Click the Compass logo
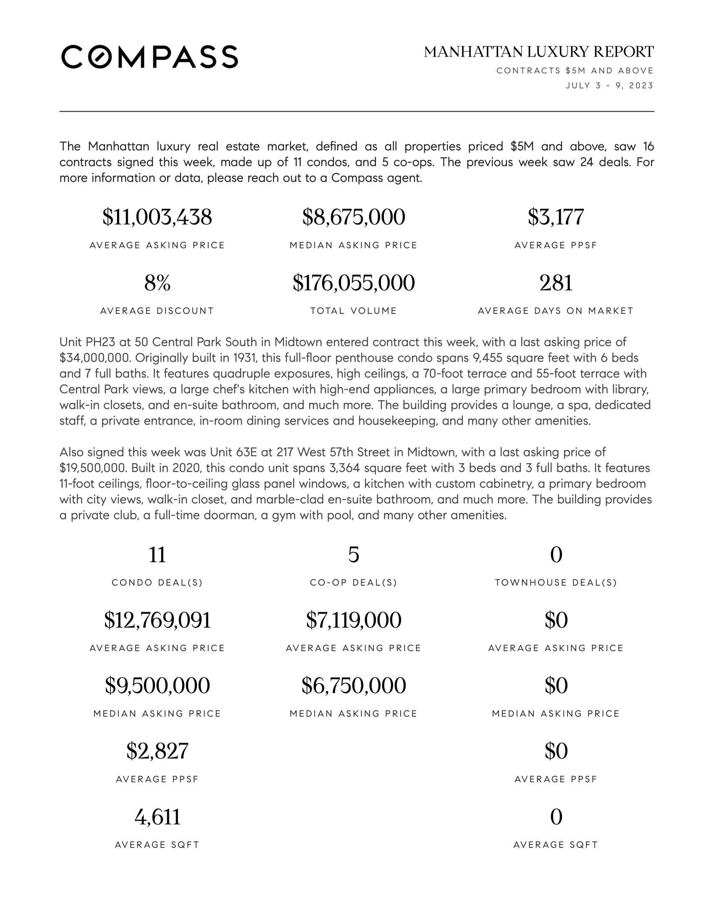point(150,57)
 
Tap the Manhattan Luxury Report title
point(538,52)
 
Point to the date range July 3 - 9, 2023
point(609,86)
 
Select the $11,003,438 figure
point(157,217)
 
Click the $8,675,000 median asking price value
point(354,217)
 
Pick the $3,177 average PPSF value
point(556,217)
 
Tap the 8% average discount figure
point(157,283)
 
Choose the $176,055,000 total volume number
point(354,283)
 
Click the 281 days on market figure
point(556,283)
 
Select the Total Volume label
point(354,311)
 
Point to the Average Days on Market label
point(556,311)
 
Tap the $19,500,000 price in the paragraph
point(94,468)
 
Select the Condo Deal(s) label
point(157,583)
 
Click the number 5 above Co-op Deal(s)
point(354,555)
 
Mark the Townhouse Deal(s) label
point(556,583)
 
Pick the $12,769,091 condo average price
point(157,620)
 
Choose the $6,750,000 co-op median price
point(354,686)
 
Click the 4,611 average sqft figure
point(157,817)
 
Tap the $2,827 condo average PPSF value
point(157,751)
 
